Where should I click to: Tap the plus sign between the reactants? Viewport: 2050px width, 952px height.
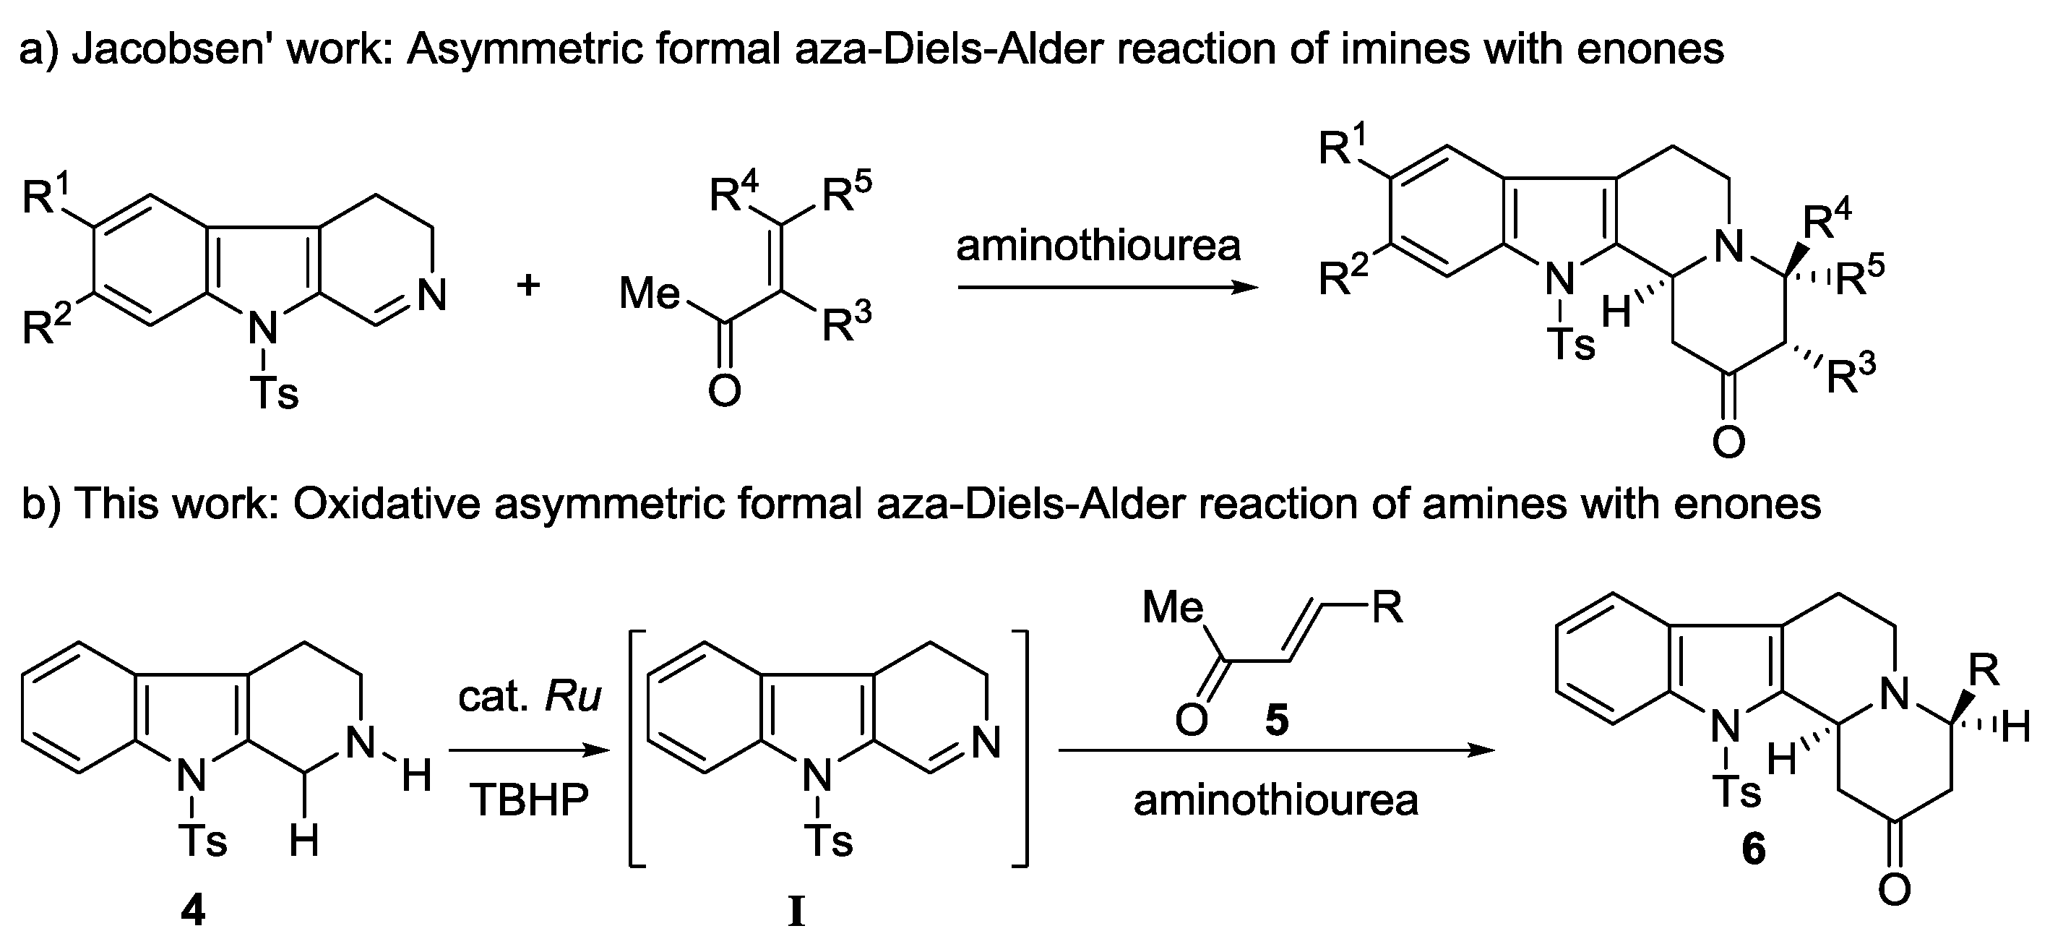(527, 285)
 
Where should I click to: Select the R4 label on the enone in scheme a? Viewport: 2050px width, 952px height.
(733, 194)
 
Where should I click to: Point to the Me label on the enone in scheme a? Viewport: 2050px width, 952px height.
(650, 293)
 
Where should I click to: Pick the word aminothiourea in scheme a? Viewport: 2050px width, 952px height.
(1098, 246)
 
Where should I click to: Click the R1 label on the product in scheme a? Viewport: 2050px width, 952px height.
(1343, 147)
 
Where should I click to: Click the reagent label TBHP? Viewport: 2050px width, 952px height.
(529, 800)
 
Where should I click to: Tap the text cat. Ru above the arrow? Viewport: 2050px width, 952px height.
(529, 698)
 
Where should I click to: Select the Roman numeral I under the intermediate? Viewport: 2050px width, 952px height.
(796, 913)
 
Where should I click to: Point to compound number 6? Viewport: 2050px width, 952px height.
(1753, 849)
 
